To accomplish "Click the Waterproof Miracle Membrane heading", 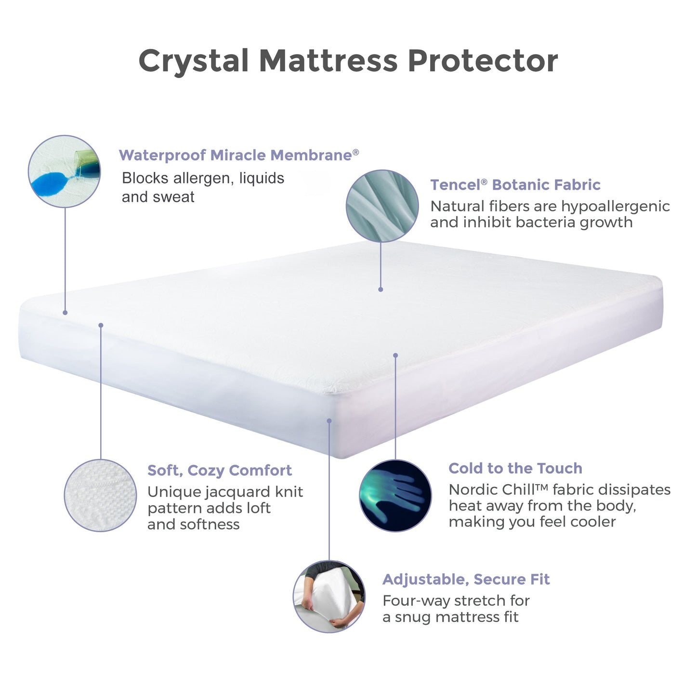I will (x=238, y=155).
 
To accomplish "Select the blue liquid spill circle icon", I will (x=64, y=171).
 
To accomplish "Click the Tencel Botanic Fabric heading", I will (x=515, y=185).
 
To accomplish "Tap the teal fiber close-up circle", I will (x=382, y=206).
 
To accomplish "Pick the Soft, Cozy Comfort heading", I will (x=220, y=470).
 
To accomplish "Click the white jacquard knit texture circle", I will (x=100, y=495).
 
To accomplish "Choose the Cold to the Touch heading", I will (x=515, y=468).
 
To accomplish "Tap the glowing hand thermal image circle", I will (x=395, y=496).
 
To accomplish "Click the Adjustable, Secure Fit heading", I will (x=466, y=579).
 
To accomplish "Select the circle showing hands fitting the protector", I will (x=329, y=596).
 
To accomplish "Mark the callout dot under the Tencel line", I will (x=381, y=289).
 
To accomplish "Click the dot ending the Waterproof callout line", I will (x=65, y=313).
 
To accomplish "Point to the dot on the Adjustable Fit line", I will (x=329, y=420).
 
